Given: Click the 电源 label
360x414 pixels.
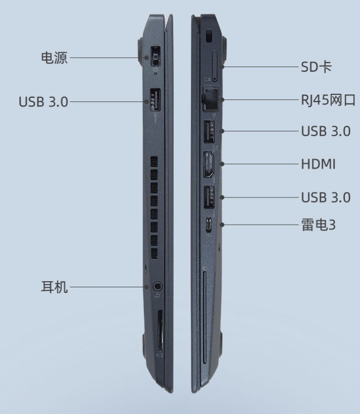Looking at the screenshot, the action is (x=55, y=58).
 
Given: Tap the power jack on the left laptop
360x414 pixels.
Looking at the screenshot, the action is (x=156, y=57).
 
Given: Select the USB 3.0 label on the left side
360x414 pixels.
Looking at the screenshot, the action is (x=43, y=101).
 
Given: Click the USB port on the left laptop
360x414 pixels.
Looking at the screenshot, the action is (x=156, y=100).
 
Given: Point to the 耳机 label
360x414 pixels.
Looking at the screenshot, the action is (x=55, y=287).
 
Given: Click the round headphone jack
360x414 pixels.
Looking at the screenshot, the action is (x=158, y=286).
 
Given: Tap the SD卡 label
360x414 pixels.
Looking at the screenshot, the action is (x=316, y=67).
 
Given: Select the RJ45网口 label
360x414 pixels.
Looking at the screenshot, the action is (x=328, y=100).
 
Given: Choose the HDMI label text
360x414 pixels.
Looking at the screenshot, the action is (x=318, y=164).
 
